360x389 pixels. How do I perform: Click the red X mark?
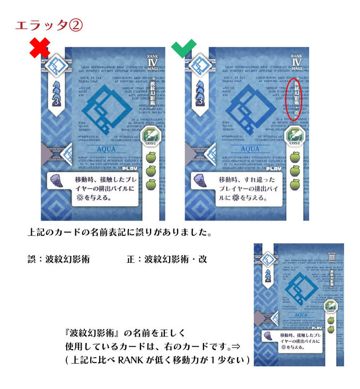coord(40,49)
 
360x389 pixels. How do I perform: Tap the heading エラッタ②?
coord(48,25)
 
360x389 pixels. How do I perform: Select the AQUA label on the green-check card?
coord(250,149)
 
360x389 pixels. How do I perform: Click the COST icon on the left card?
coord(153,137)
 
